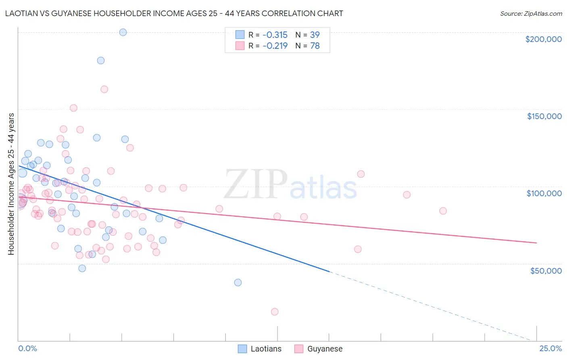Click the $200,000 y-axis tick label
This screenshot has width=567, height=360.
pos(543,39)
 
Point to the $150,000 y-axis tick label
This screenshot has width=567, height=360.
pos(544,116)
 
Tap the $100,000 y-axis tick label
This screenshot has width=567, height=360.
pos(544,193)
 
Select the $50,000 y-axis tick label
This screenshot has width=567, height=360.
pos(546,270)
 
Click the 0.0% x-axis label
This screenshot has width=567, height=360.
pos(27,348)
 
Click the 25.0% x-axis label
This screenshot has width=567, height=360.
pos(550,348)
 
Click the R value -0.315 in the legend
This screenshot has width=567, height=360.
pos(275,35)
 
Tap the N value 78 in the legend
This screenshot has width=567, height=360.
pos(315,46)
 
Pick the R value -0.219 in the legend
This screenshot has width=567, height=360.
pos(275,46)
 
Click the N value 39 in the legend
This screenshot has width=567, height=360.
pos(315,35)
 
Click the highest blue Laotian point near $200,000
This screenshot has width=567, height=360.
pos(123,32)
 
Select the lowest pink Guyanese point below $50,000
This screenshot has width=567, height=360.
pos(275,312)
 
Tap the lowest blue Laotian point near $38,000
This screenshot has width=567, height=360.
pos(238,283)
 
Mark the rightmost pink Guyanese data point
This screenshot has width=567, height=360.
pos(443,211)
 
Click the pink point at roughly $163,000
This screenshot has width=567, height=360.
pos(104,89)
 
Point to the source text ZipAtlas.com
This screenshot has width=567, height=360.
pos(531,14)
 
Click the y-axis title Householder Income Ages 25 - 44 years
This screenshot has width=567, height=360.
pos(11,184)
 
